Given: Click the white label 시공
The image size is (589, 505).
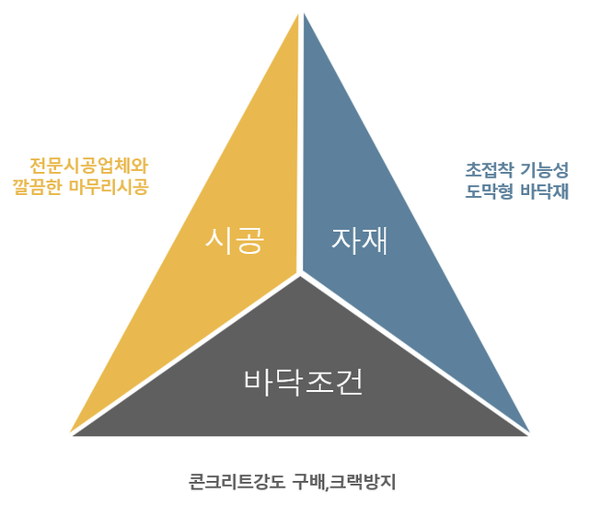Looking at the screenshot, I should coord(235,241).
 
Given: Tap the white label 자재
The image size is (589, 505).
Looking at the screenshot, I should coord(360,241).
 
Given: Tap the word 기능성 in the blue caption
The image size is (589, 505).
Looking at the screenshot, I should coord(546,170).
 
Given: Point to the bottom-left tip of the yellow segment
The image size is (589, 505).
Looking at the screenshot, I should coord(73,430).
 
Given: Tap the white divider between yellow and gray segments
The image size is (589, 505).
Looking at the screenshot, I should coord(184,353).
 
